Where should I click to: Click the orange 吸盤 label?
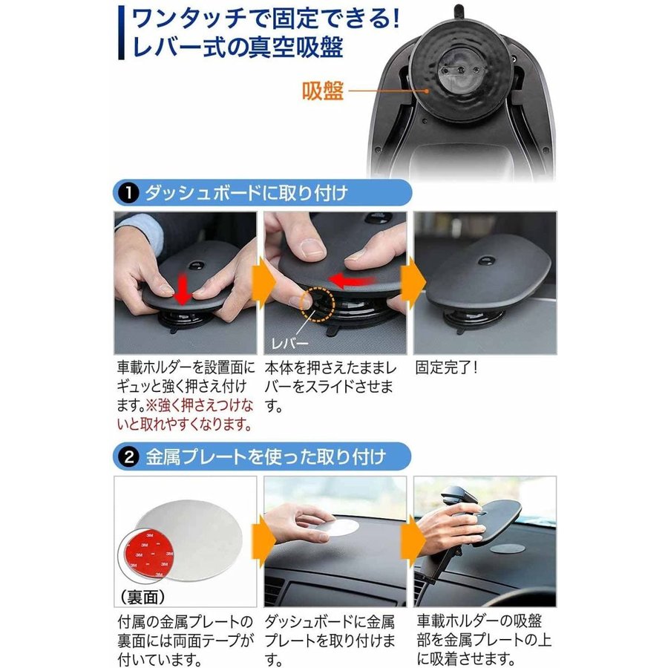pyautogui.click(x=323, y=91)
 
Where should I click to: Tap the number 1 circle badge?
pyautogui.click(x=129, y=194)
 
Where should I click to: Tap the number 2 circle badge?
pyautogui.click(x=129, y=457)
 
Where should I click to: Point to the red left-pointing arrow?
pyautogui.click(x=352, y=281)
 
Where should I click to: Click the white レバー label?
pyautogui.click(x=289, y=343)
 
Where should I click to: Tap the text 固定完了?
pyautogui.click(x=447, y=367)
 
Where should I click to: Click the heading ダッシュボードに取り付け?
pyautogui.click(x=246, y=193)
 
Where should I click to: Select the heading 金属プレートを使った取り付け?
pyautogui.click(x=266, y=457)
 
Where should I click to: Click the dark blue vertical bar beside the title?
pyautogui.click(x=122, y=33)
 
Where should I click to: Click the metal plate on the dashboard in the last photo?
pyautogui.click(x=507, y=548)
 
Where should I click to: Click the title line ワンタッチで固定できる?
pyautogui.click(x=266, y=19)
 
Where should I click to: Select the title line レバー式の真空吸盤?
pyautogui.click(x=238, y=47)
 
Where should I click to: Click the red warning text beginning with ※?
pyautogui.click(x=186, y=415)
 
